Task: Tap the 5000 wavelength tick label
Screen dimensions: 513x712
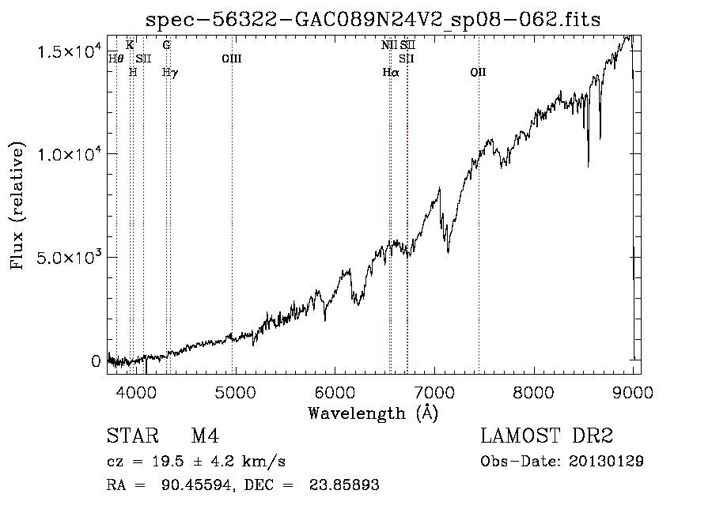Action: [236, 391]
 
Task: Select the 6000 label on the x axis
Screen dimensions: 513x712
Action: [335, 391]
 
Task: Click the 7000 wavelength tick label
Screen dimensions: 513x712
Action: [434, 391]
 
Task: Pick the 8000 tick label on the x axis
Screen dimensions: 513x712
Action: [534, 391]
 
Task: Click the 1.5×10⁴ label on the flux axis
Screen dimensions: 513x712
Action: [70, 51]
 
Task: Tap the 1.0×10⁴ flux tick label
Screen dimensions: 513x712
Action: [70, 154]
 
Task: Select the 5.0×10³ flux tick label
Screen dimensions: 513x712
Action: [70, 258]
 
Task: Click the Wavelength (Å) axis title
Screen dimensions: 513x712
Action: [373, 412]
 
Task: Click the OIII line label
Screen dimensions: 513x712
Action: [232, 58]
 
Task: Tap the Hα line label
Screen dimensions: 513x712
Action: [390, 72]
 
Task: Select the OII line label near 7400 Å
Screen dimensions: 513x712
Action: [478, 72]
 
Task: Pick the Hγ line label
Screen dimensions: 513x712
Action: [169, 72]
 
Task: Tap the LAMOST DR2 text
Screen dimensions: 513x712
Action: [547, 436]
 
